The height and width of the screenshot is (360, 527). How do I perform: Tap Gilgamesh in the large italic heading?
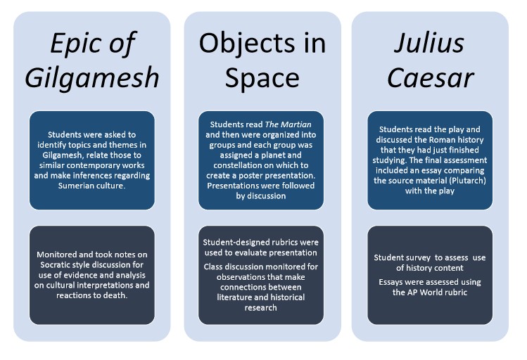(92, 77)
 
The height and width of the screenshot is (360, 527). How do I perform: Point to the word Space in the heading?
(262, 77)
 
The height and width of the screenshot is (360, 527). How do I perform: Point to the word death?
(119, 295)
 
